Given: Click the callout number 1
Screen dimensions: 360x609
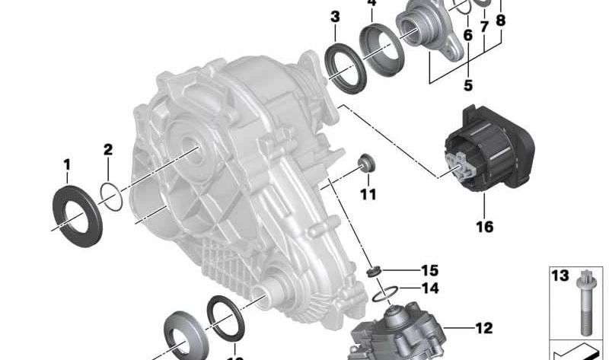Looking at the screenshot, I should pyautogui.click(x=66, y=164).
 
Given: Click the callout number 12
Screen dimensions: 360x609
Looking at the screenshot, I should pyautogui.click(x=484, y=329).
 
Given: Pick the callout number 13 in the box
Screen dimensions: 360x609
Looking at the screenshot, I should pyautogui.click(x=560, y=276).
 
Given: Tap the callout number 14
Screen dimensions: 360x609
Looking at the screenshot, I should pyautogui.click(x=430, y=288).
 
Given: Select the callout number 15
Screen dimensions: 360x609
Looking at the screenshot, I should pyautogui.click(x=430, y=270).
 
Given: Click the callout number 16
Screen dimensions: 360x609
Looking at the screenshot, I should pyautogui.click(x=484, y=226).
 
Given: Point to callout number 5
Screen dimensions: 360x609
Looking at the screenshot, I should pyautogui.click(x=467, y=85).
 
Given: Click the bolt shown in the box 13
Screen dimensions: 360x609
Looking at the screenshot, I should pyautogui.click(x=587, y=304).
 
